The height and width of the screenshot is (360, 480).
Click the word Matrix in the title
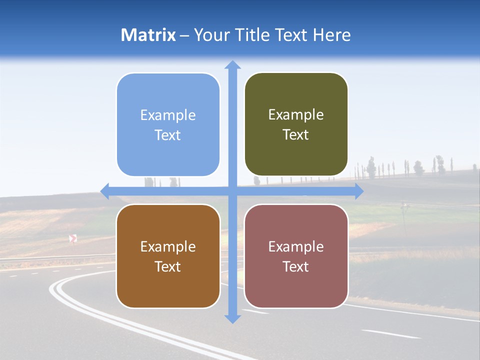[148, 35]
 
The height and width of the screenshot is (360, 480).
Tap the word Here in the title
[331, 35]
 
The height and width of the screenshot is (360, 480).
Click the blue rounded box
[168, 124]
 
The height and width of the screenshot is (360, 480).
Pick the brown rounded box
[168, 256]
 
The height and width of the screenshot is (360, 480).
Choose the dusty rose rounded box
[296, 256]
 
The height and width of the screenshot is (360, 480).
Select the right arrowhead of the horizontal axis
[359, 191]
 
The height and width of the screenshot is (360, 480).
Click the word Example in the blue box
[168, 115]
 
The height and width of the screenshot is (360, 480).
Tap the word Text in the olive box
[296, 134]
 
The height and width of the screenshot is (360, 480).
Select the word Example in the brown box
[168, 246]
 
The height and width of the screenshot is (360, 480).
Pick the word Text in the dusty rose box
[296, 266]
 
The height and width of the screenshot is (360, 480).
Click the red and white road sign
[73, 238]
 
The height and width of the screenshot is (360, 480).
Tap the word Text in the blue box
[168, 135]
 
